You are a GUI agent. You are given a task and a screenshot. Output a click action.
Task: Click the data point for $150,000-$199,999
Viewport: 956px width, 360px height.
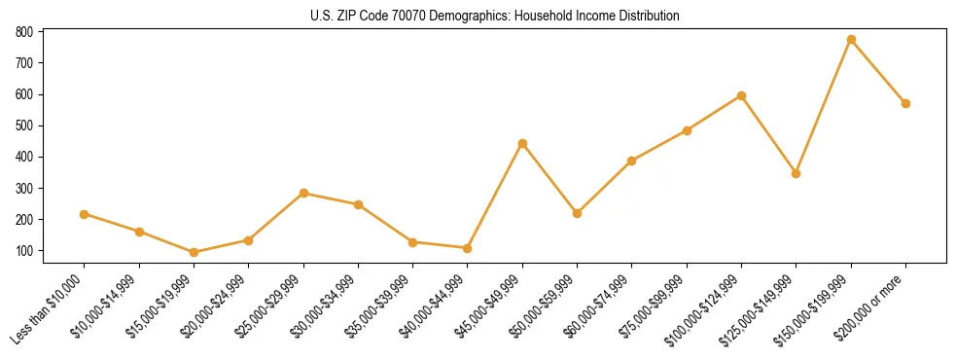pyautogui.click(x=851, y=40)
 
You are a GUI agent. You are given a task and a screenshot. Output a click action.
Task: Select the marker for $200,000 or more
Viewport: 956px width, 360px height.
pyautogui.click(x=905, y=103)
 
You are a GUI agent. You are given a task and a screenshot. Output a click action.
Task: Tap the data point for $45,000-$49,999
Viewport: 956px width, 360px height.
pyautogui.click(x=522, y=143)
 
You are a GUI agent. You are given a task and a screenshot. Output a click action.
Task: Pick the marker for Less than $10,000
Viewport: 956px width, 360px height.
pyautogui.click(x=85, y=214)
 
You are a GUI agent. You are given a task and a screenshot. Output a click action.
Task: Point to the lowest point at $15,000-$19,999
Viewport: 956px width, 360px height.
pyautogui.click(x=194, y=252)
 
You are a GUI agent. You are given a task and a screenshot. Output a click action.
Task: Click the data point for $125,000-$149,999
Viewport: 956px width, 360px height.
pyautogui.click(x=796, y=173)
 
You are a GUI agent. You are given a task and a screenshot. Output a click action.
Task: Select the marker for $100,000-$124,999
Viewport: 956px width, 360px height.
pyautogui.click(x=741, y=95)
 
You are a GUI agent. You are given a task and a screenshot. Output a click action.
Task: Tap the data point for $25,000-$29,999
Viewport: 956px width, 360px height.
pyautogui.click(x=303, y=193)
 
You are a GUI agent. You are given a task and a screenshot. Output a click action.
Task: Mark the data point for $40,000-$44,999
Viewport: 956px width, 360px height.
pyautogui.click(x=468, y=248)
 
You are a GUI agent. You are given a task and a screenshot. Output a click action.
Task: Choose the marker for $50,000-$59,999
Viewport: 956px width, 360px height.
pyautogui.click(x=578, y=213)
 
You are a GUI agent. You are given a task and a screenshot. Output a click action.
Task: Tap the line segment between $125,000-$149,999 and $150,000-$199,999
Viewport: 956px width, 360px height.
pyautogui.click(x=824, y=106)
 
